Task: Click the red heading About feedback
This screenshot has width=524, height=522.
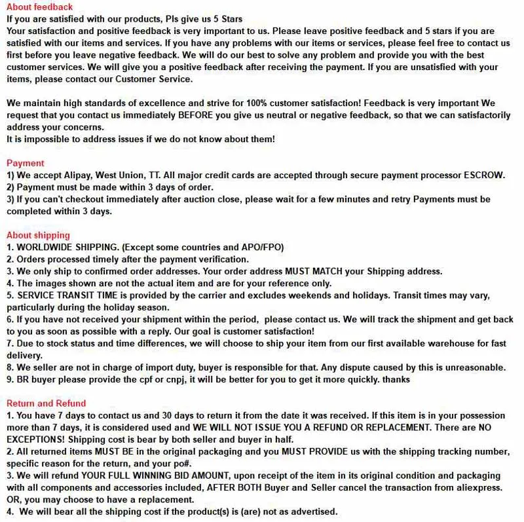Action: tap(39, 7)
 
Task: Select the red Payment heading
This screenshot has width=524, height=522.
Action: tap(26, 163)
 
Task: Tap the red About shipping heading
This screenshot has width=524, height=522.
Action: tap(38, 235)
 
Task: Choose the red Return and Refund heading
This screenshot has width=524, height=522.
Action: tap(46, 403)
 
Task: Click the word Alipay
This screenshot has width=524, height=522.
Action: tap(78, 175)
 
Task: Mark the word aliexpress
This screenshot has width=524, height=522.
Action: tap(479, 487)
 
